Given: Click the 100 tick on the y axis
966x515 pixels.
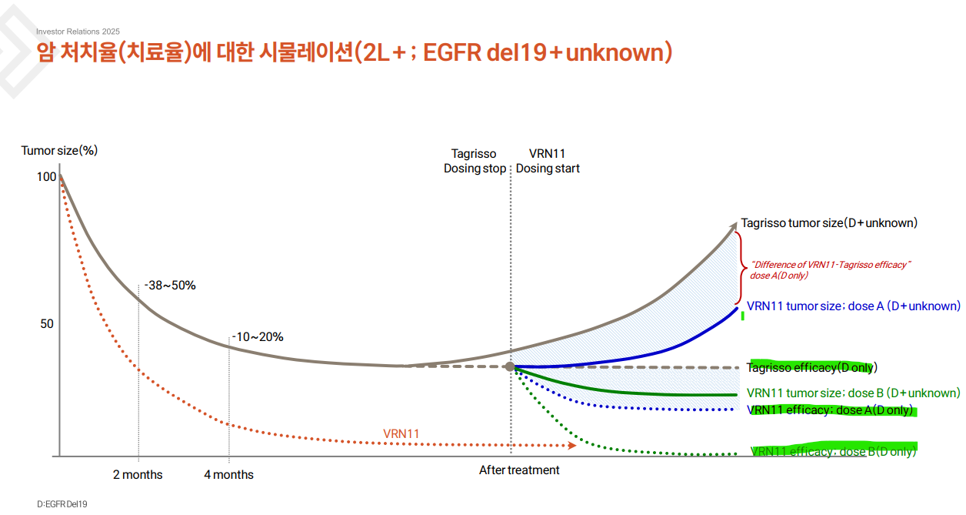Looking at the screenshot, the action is [x=47, y=176].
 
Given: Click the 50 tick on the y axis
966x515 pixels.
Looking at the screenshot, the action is [x=47, y=324].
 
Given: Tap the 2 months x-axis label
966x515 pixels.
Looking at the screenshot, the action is [x=138, y=474].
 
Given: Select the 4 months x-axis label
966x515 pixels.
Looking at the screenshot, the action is [x=228, y=474].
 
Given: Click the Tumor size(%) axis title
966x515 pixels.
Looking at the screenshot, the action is [x=59, y=150].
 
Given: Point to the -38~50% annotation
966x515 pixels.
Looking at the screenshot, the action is [x=170, y=286].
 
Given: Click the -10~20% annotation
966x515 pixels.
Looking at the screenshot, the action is [x=258, y=336].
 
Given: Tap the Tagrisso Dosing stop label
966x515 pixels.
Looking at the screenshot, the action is [x=475, y=161].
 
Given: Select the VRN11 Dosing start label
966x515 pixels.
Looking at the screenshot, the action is [x=548, y=161].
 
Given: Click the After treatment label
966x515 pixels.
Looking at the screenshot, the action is [x=519, y=470].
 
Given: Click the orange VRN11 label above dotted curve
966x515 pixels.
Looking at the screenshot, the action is [x=401, y=433].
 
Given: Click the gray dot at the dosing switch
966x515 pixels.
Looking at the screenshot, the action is [x=510, y=366].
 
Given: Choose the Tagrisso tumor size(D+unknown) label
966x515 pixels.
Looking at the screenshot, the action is [x=829, y=222].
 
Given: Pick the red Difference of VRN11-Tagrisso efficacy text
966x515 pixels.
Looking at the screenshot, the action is [x=830, y=269].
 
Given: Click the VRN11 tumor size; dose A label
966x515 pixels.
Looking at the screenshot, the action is [x=854, y=306].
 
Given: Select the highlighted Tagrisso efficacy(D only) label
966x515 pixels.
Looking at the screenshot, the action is [x=811, y=367].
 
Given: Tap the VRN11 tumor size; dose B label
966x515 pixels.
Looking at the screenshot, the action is [x=854, y=393].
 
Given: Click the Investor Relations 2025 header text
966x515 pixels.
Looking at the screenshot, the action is [x=78, y=32].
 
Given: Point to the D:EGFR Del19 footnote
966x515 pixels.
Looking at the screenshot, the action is [x=62, y=503].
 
